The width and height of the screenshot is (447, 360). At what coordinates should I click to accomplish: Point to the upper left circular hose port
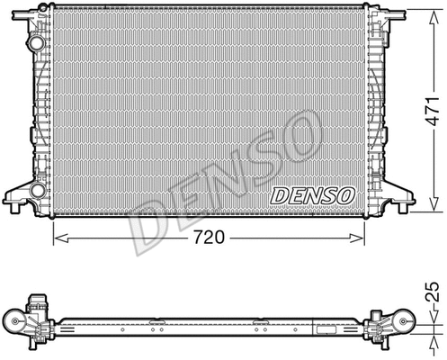[x=35, y=43]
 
